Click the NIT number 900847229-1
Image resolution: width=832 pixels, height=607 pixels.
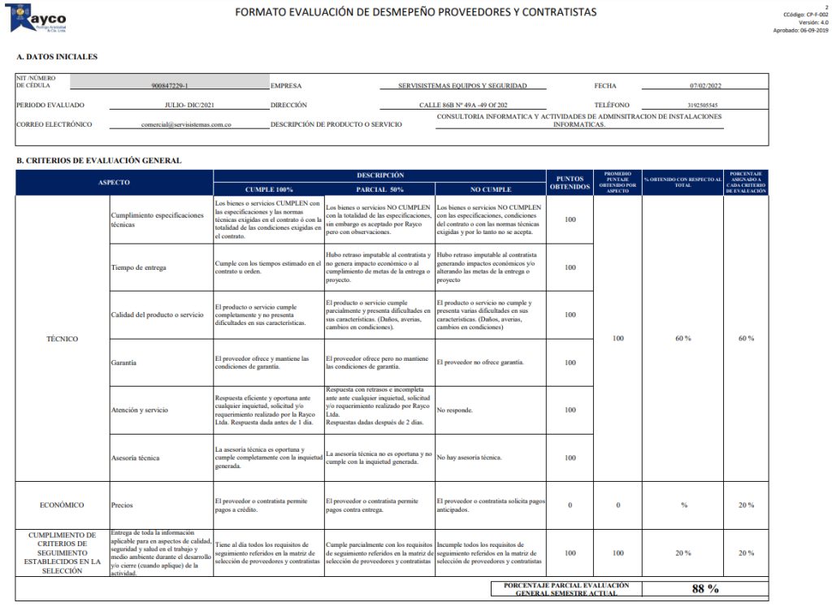tap(169, 85)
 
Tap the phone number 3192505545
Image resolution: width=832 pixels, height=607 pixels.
tap(701, 106)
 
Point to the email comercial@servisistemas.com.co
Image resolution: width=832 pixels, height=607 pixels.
tap(186, 125)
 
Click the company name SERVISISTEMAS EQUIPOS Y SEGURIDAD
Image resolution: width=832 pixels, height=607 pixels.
tap(462, 85)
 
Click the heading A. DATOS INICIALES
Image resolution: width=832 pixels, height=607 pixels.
tap(57, 57)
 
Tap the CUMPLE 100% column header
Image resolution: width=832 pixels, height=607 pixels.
tap(269, 189)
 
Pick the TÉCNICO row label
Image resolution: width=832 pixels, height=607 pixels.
tap(63, 339)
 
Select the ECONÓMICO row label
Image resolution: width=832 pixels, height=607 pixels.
tap(62, 505)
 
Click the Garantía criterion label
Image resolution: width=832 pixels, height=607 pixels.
tap(123, 362)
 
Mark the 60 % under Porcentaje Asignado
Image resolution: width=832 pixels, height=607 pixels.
tap(746, 339)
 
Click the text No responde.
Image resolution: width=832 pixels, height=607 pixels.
tap(454, 410)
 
